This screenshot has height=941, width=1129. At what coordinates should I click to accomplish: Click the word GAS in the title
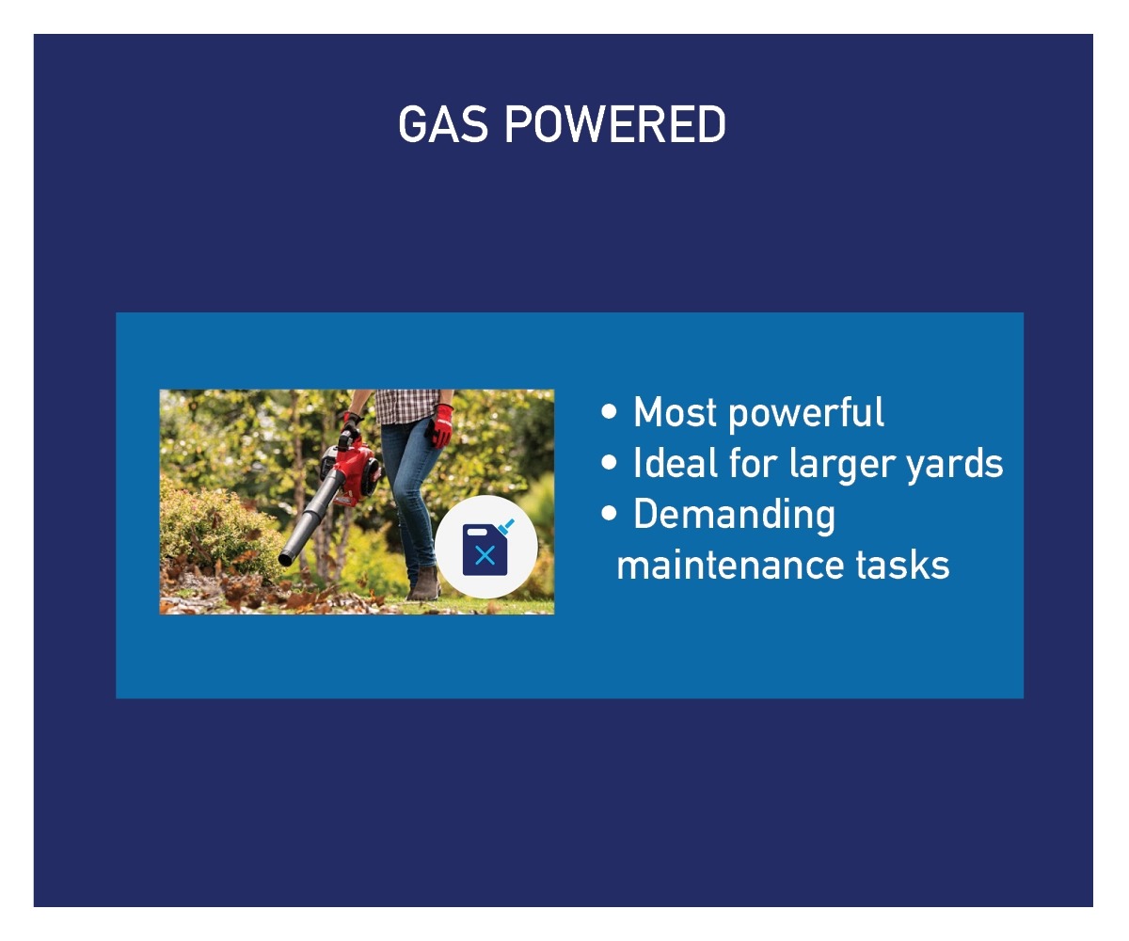(443, 124)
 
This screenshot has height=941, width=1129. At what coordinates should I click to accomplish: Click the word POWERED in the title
(614, 124)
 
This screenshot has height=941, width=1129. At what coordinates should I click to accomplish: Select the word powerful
(806, 414)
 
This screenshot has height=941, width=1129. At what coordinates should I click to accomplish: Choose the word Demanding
(734, 516)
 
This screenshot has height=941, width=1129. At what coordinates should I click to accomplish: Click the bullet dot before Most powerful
(609, 411)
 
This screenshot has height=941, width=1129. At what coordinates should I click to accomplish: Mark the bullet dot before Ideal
(609, 462)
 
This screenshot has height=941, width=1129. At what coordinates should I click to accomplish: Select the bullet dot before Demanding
(609, 513)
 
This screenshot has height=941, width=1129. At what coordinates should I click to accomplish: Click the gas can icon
(486, 548)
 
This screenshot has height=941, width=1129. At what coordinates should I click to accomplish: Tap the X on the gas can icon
(485, 555)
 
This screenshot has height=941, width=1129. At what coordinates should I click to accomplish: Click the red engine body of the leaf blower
(353, 471)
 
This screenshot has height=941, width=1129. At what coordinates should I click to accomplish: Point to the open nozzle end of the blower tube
(285, 559)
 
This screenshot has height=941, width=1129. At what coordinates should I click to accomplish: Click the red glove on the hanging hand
(439, 425)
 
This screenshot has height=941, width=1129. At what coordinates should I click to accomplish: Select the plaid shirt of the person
(406, 407)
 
